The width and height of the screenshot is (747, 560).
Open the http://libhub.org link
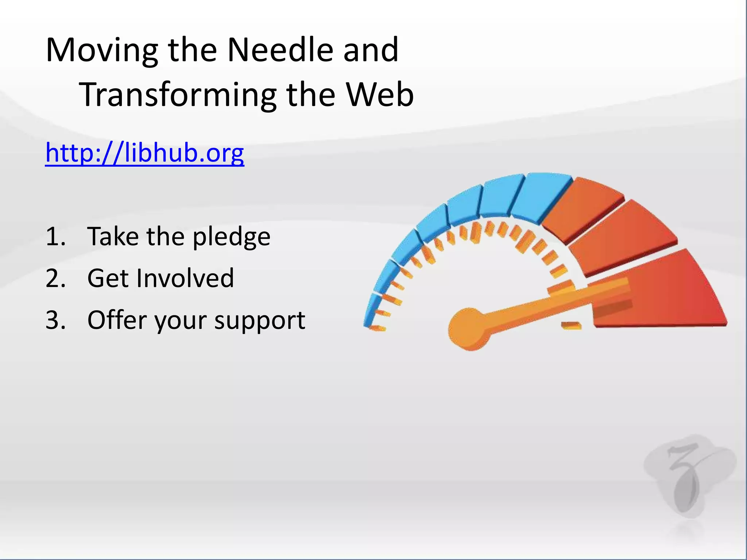pos(144,153)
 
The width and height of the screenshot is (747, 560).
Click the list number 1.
pos(55,237)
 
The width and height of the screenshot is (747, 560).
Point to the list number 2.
pos(55,278)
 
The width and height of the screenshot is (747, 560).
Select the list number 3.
pos(55,320)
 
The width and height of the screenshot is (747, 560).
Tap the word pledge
pos(232,237)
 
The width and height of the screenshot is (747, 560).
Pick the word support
pos(259,321)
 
